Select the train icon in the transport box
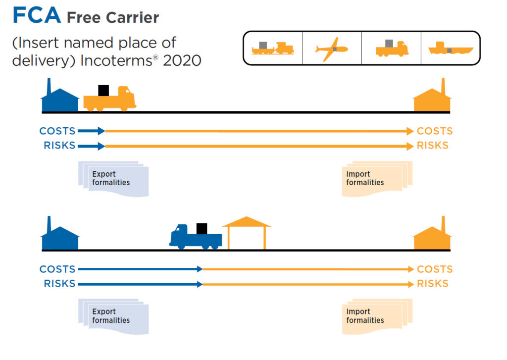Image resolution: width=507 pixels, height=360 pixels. coord(272,48)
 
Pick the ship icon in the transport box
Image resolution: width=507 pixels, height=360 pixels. coord(450,49)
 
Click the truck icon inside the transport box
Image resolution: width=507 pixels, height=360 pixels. coord(392,48)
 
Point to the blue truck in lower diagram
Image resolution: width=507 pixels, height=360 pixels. coord(195,237)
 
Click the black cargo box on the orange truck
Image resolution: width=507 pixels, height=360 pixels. coord(103,91)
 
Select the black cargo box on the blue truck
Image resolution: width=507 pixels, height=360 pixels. coord(202,228)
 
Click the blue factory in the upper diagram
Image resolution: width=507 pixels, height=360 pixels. coord(59,98)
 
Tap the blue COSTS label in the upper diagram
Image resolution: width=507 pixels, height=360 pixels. coord(57,131)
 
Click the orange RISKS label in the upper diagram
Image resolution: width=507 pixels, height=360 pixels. coord(432,146)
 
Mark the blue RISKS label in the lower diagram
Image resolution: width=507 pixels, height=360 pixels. coord(59,284)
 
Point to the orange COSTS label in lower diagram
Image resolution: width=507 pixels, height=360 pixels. coord(435,269)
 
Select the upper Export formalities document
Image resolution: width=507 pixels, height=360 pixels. coord(113,179)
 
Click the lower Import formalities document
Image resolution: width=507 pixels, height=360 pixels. coord(376,316)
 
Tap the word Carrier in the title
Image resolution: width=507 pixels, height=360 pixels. coord(133,18)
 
